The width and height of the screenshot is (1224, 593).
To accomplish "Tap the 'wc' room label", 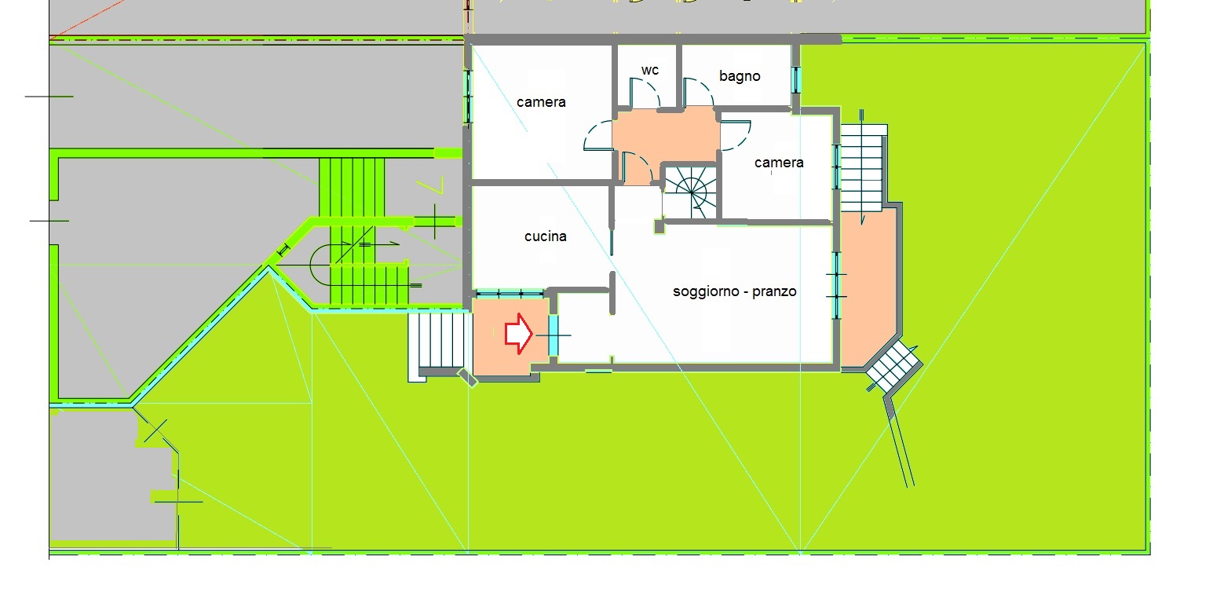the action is (650, 70).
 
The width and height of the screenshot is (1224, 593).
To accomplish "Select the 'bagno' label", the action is (740, 76).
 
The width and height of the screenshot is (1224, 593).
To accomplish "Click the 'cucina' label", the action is (546, 236).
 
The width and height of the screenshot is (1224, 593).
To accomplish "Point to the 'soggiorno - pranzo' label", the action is (734, 291).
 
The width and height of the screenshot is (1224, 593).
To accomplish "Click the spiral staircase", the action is (691, 192).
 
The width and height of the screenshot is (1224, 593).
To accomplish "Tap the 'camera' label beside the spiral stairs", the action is (779, 163).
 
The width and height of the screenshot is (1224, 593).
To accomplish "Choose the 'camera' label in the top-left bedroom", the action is (541, 102).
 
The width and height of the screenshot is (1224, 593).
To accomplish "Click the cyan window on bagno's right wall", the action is (797, 80).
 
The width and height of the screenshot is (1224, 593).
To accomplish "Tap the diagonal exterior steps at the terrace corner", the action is (894, 368).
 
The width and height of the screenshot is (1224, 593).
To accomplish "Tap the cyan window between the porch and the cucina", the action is (509, 294).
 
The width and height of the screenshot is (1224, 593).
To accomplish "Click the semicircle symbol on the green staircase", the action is (318, 265).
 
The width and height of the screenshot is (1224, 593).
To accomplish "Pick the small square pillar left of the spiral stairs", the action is (659, 225).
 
